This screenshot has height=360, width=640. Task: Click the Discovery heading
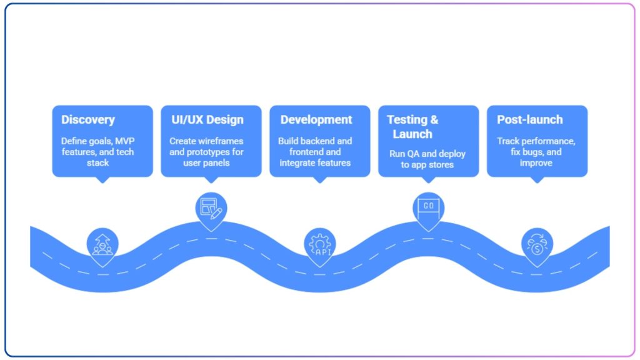(88, 119)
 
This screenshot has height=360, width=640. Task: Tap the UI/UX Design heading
(207, 119)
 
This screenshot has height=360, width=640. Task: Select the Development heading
(316, 119)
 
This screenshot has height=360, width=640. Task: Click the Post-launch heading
(530, 119)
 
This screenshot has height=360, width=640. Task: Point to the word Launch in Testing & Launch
(412, 134)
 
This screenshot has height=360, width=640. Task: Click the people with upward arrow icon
(102, 244)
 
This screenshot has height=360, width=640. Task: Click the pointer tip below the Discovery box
(102, 180)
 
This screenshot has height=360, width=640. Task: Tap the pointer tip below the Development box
(320, 180)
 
